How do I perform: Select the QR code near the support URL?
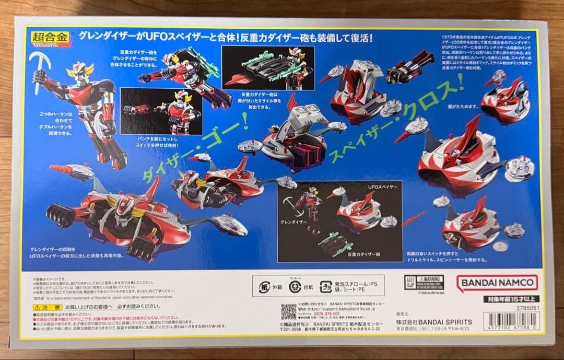pos(288,311)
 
